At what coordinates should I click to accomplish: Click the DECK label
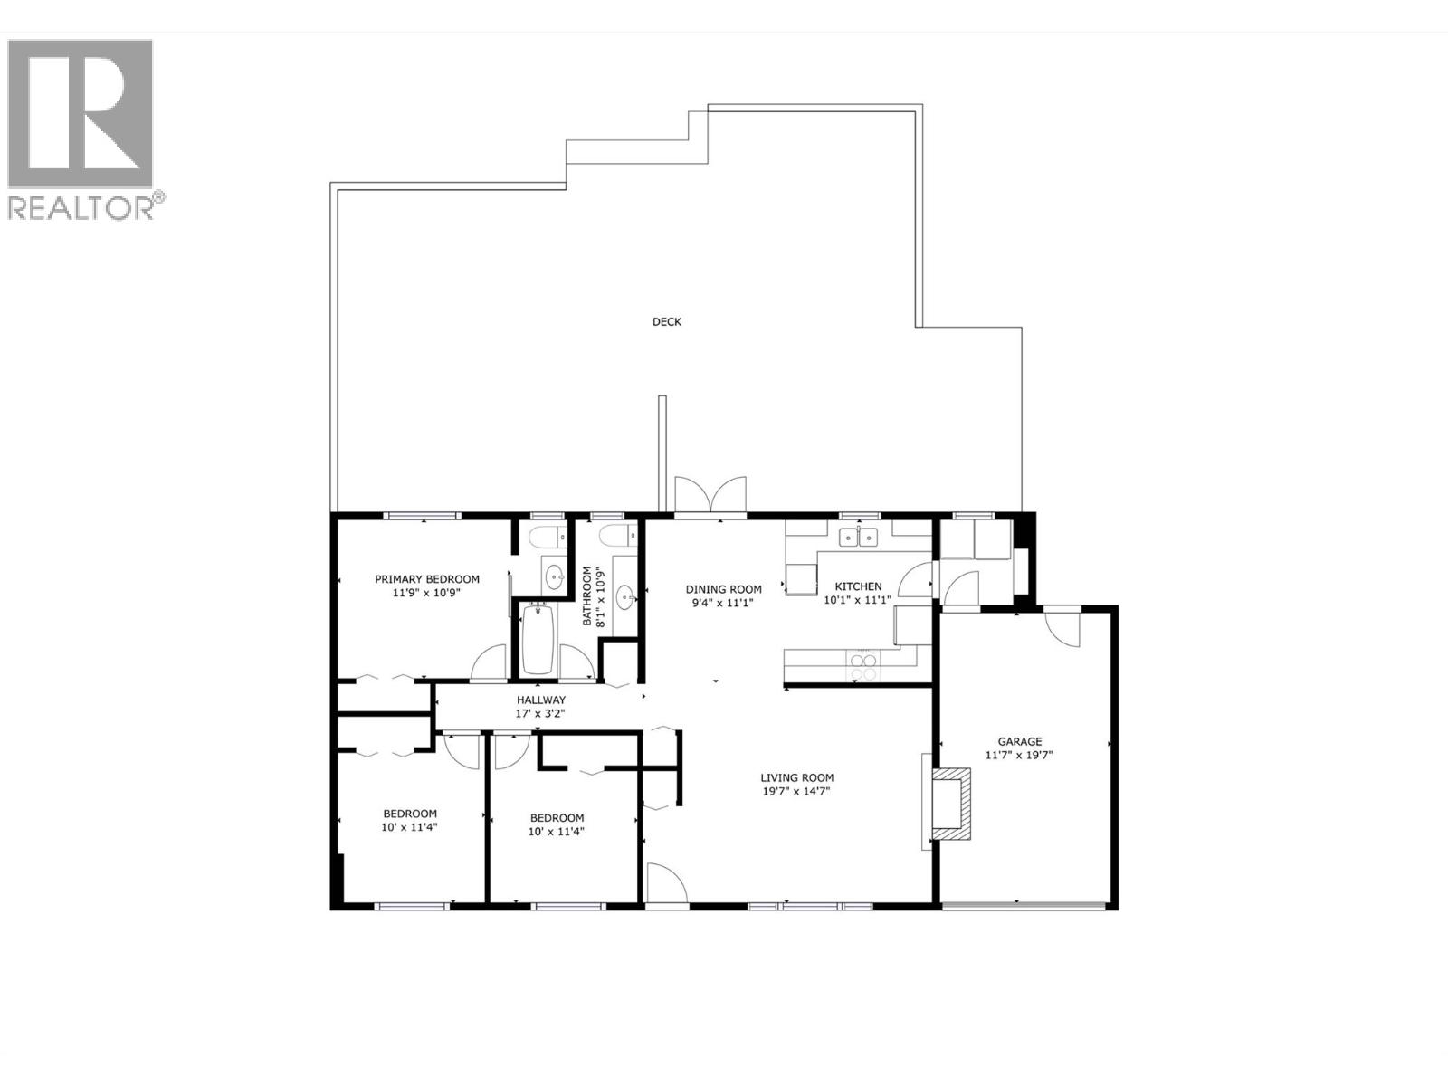pos(666,321)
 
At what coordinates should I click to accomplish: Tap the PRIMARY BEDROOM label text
pos(427,579)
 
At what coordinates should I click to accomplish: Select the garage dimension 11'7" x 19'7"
pos(1020,755)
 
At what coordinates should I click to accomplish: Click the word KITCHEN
pos(858,586)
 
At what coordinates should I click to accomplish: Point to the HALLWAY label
pos(541,700)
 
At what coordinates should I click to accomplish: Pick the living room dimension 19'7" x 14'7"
pos(796,791)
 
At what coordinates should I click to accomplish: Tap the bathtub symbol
pos(538,638)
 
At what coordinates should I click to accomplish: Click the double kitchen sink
pos(858,538)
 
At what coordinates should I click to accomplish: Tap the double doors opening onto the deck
pos(710,497)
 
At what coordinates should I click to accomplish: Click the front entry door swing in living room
pos(666,884)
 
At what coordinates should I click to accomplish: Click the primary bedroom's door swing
pos(490,662)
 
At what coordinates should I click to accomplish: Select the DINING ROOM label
pos(723,589)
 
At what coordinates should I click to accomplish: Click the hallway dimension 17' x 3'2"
pos(541,713)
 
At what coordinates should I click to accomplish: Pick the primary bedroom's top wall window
pos(422,516)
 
